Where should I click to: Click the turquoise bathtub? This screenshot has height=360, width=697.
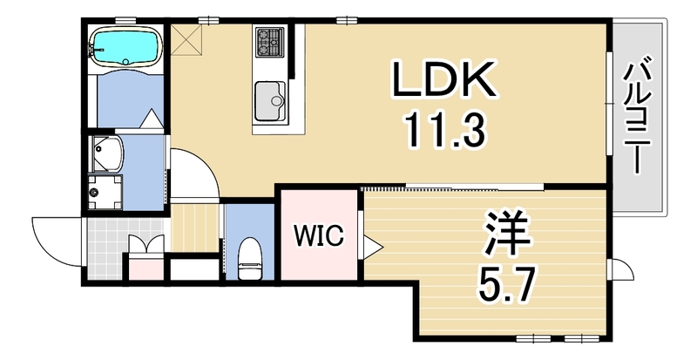pos(125,46)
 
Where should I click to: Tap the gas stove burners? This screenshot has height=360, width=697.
pos(270,42)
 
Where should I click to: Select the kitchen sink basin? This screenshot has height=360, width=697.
pos(270,101)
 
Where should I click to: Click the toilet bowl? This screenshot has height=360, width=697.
pos(249,259)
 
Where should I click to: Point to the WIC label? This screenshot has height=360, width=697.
pos(319,234)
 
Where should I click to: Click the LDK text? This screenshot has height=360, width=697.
pos(443,79)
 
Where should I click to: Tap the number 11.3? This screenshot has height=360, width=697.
pos(444,131)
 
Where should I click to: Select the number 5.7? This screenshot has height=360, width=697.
pos(506,282)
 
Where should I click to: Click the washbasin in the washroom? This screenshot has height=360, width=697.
pos(106,154)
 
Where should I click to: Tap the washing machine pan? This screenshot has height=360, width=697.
pos(105,192)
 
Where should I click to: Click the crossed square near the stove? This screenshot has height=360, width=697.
pos(186,39)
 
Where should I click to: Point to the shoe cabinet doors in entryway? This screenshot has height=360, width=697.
pos(146,244)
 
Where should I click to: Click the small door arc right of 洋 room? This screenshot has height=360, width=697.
pos(621,268)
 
